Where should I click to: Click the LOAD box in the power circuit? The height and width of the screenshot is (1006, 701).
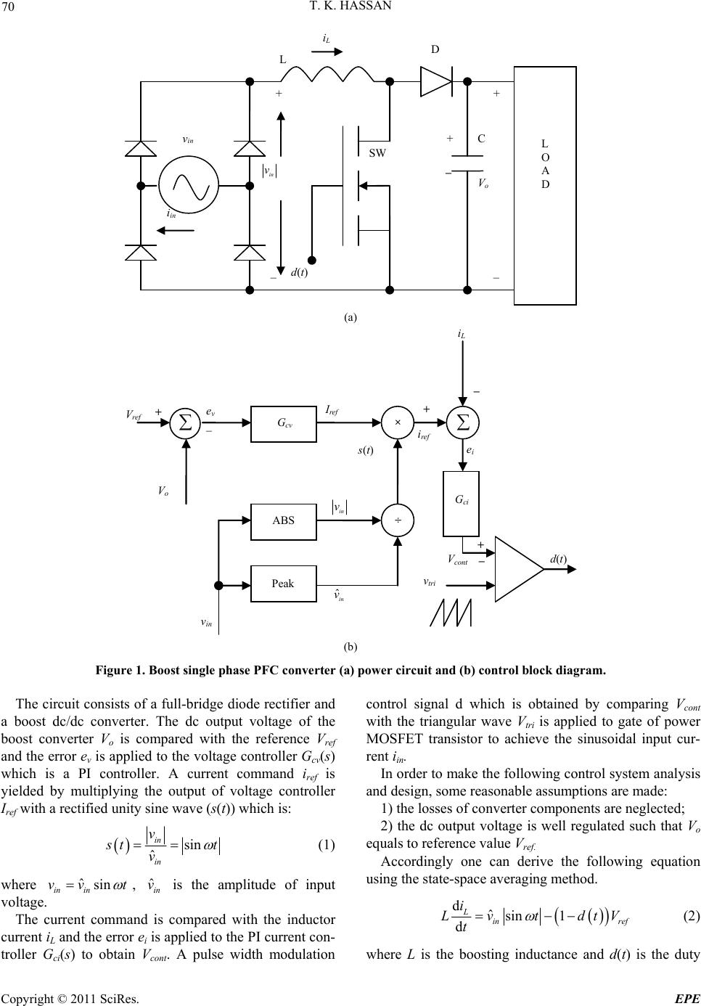click(x=545, y=185)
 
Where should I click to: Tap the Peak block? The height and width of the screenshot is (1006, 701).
click(x=283, y=583)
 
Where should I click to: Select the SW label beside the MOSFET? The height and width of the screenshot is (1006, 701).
click(x=378, y=153)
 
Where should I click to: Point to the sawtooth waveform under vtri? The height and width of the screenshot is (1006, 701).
click(x=451, y=612)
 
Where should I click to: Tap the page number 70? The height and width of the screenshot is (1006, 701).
click(x=12, y=8)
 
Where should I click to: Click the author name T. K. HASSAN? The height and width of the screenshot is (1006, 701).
click(x=350, y=8)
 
